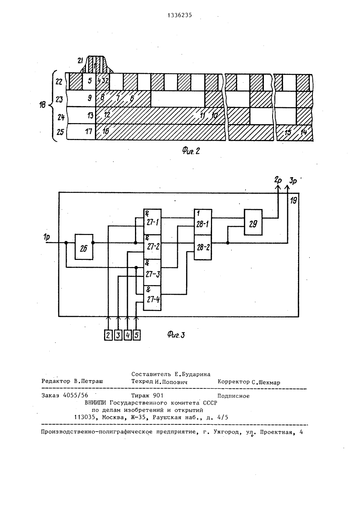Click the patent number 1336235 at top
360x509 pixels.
180,15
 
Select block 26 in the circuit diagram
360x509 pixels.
84,247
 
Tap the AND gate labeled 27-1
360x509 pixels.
152,222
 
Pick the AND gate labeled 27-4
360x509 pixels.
152,298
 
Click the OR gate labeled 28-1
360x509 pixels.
203,222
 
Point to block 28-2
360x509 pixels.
203,247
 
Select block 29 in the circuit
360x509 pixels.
253,222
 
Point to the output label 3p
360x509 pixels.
293,181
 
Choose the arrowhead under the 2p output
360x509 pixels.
278,187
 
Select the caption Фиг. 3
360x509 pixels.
176,334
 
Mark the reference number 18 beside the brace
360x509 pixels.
42,105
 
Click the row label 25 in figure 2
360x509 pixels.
60,132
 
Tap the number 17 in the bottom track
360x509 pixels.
89,131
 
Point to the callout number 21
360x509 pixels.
80,61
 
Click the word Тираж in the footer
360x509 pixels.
141,396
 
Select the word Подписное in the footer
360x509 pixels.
233,396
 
